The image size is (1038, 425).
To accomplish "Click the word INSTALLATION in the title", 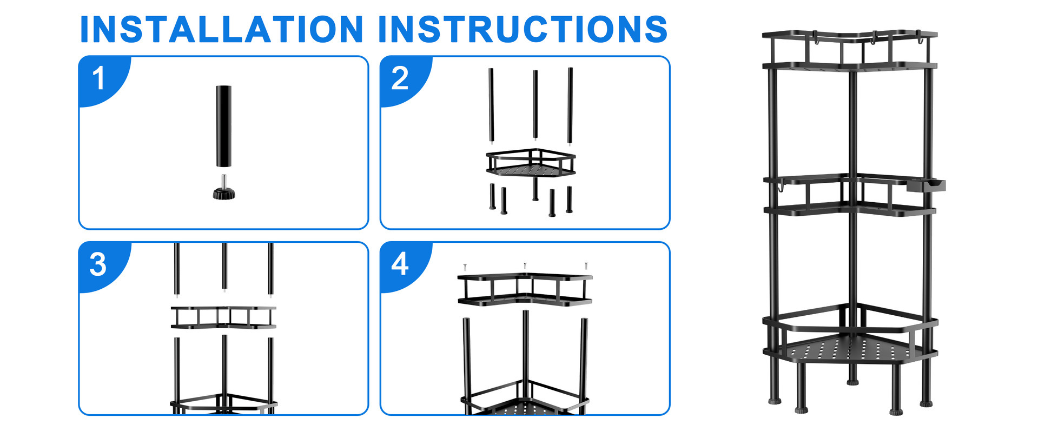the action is [221, 29].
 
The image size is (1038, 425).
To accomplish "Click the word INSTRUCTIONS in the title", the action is [523, 29].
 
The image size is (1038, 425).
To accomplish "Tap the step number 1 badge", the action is [99, 78].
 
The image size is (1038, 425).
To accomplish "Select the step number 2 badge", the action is [400, 78].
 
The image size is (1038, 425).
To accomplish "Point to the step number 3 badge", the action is [98, 264].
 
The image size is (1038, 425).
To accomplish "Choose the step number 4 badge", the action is [400, 264].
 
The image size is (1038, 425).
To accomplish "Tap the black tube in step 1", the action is [223, 125].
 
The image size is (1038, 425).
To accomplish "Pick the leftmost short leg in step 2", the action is [492, 196].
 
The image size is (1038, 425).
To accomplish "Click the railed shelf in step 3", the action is [223, 317].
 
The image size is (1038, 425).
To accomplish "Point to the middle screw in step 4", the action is [525, 265].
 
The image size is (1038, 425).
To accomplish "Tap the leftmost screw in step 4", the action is [465, 266].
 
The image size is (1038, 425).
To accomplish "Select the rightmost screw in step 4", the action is [585, 265].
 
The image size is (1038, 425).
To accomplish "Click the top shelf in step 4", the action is [525, 290].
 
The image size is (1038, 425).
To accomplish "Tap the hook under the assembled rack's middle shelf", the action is [781, 187].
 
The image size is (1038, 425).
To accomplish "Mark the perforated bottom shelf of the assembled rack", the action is [849, 350].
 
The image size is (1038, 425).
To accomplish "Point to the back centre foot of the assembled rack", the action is [852, 382].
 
